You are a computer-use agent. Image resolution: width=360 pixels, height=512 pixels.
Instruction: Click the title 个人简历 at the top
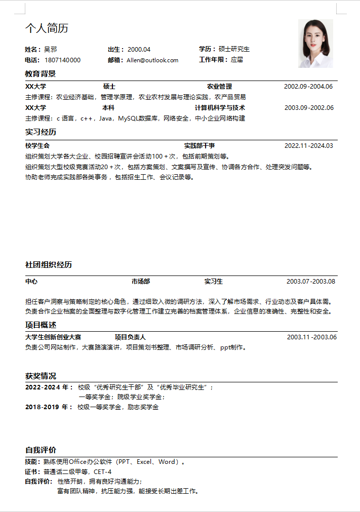point(47,28)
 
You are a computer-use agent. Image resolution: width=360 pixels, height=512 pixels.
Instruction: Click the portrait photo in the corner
point(315,44)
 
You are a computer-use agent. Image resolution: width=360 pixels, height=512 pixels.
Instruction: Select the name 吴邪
point(51,49)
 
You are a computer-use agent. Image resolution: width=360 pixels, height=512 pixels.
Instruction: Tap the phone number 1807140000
point(62,60)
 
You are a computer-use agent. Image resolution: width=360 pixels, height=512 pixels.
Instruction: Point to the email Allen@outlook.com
point(152,60)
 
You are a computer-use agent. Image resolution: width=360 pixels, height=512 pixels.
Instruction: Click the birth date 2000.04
point(139,49)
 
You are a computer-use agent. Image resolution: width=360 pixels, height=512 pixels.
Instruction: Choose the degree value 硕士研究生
point(234,49)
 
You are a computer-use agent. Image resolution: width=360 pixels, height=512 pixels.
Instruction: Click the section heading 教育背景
point(41,74)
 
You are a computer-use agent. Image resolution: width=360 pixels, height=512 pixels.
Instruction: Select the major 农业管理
point(219,87)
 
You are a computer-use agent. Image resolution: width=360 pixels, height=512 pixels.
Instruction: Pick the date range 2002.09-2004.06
point(308,87)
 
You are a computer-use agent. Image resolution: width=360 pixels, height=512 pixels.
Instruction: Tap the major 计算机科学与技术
point(220,108)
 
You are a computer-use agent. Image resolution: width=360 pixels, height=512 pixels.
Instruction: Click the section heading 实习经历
point(41,132)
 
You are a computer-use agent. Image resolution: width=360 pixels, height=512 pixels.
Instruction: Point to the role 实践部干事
point(199,146)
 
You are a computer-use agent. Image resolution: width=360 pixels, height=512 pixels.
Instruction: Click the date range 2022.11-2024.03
point(309,146)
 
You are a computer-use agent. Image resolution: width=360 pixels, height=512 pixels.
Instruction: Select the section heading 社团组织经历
point(49,265)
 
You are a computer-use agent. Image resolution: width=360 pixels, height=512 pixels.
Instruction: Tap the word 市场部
point(141,282)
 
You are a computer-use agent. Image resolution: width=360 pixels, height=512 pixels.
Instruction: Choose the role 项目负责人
point(130,337)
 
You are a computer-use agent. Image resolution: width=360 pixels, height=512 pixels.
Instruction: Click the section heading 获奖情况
point(41,376)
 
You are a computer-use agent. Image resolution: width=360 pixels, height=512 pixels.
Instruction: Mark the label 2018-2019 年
point(49,407)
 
